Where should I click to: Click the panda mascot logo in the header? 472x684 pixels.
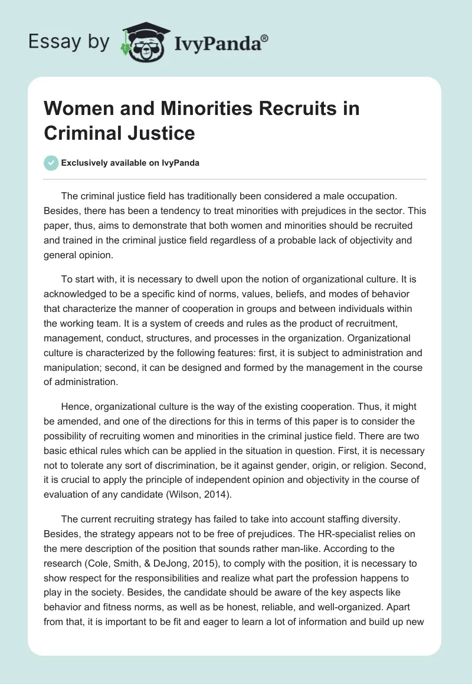141,41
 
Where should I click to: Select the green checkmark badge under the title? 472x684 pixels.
52,163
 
